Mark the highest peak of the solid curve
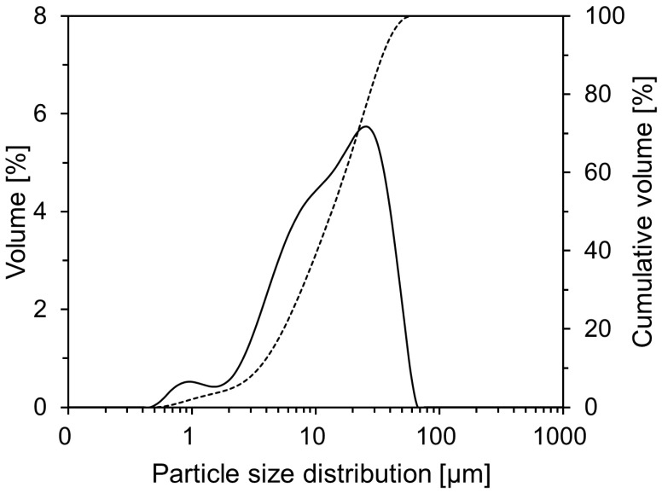(x=365, y=126)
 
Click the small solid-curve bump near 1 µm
(x=190, y=381)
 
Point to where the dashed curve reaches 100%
(x=408, y=16)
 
